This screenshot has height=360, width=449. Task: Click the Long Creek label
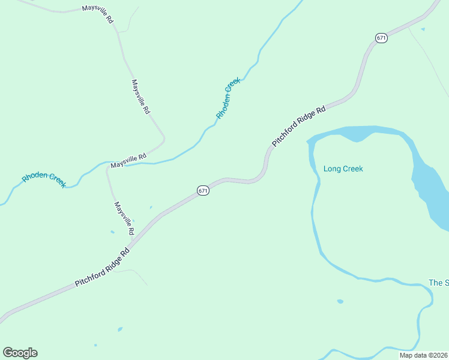343,169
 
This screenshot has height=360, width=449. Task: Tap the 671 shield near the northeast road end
381,38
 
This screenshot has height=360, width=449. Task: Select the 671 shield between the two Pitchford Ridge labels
203,190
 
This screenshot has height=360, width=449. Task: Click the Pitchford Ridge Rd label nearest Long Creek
298,127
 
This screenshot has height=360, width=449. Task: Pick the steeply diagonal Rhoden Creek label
228,98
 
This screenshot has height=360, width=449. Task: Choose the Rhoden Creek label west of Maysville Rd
44,179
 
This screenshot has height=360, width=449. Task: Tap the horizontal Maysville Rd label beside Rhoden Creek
128,161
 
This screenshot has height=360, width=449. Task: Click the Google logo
20,353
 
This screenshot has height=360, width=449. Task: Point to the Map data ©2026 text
423,355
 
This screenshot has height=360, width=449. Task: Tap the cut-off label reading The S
439,283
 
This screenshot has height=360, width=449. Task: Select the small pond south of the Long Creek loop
340,301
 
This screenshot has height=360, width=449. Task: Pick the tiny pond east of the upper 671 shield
423,29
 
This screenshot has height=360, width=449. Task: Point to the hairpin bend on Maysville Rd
163,142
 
